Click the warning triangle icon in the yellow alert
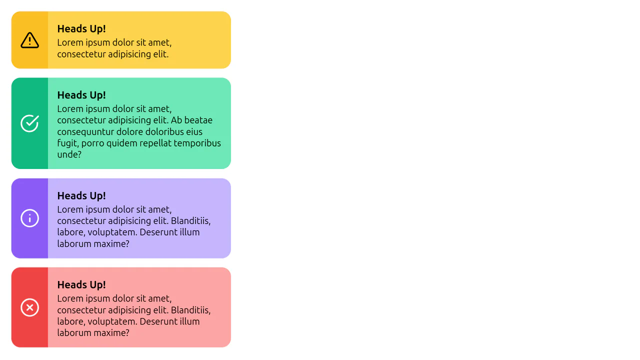[x=29, y=40]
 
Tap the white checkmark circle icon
[x=29, y=123]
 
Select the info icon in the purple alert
[x=29, y=218]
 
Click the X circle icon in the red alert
[x=29, y=307]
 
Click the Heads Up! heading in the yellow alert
[x=81, y=29]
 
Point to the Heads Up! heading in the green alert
[x=81, y=95]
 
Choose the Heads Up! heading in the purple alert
[x=81, y=196]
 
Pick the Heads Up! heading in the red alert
[x=81, y=285]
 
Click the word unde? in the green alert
[x=69, y=154]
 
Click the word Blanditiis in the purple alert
[x=191, y=221]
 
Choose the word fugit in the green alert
[x=68, y=143]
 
